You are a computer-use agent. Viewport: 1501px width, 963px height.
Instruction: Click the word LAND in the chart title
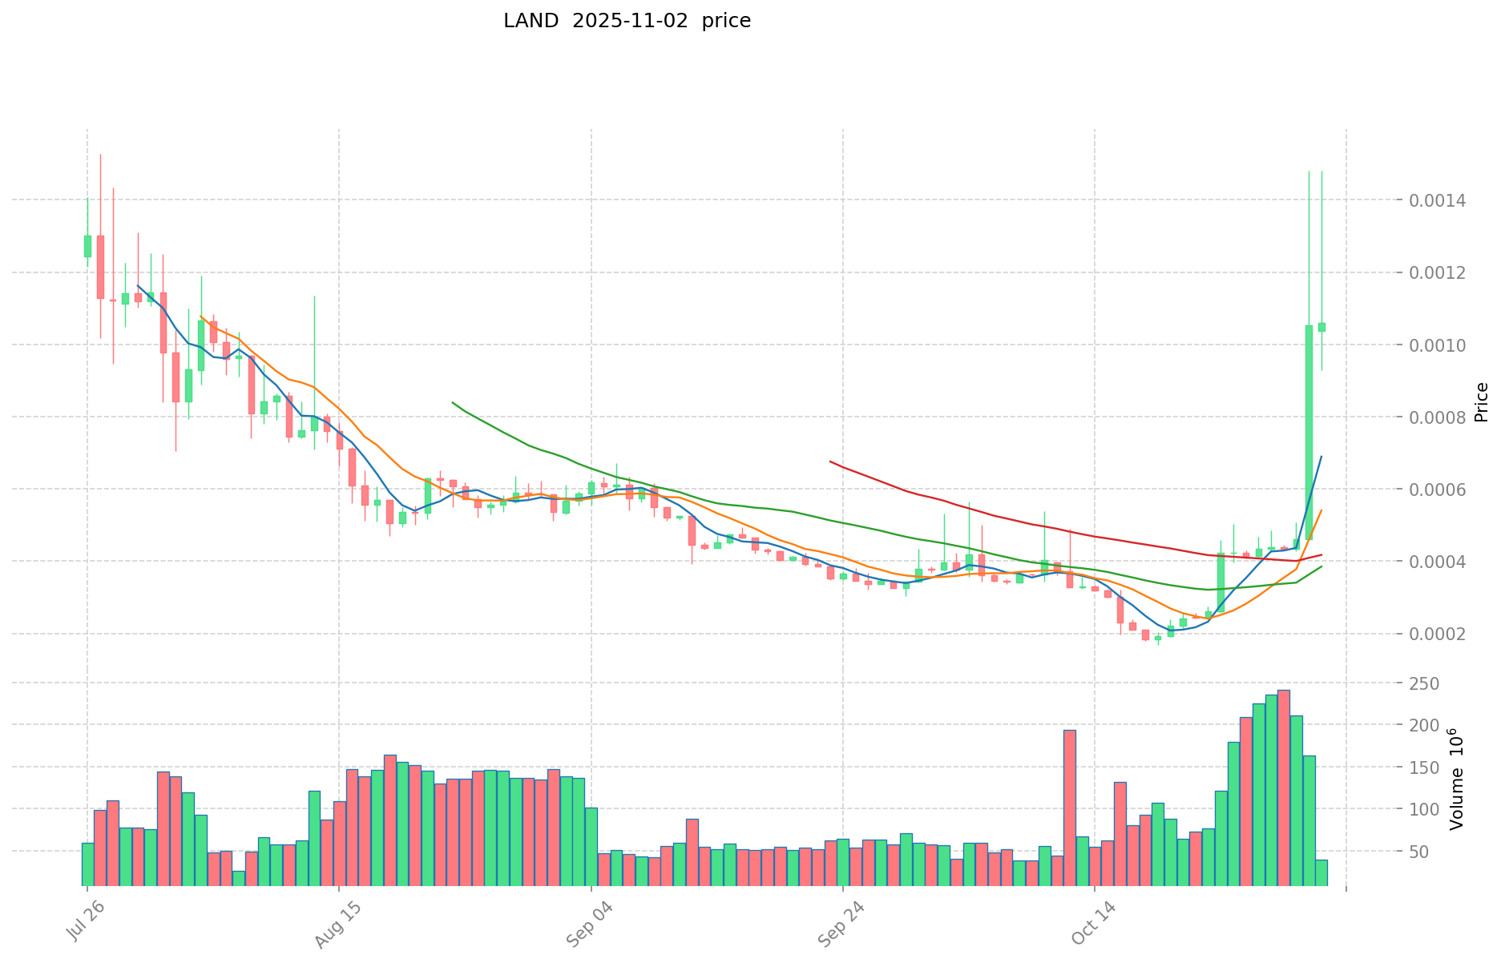(x=531, y=22)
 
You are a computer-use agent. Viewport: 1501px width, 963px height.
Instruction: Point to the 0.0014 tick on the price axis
(x=1442, y=200)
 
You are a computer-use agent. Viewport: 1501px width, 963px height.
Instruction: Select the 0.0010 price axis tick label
(x=1442, y=345)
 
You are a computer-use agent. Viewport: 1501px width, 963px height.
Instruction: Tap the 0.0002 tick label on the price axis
(x=1442, y=635)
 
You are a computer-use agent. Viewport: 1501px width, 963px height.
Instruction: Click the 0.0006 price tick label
(x=1442, y=490)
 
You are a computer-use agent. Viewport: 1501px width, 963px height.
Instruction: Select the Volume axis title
(x=1457, y=779)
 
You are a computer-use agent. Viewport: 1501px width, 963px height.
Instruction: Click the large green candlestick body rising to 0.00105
(x=1309, y=433)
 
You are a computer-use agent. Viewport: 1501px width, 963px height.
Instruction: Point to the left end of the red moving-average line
(x=830, y=461)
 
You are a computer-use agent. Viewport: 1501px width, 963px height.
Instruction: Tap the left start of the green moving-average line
(x=453, y=402)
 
